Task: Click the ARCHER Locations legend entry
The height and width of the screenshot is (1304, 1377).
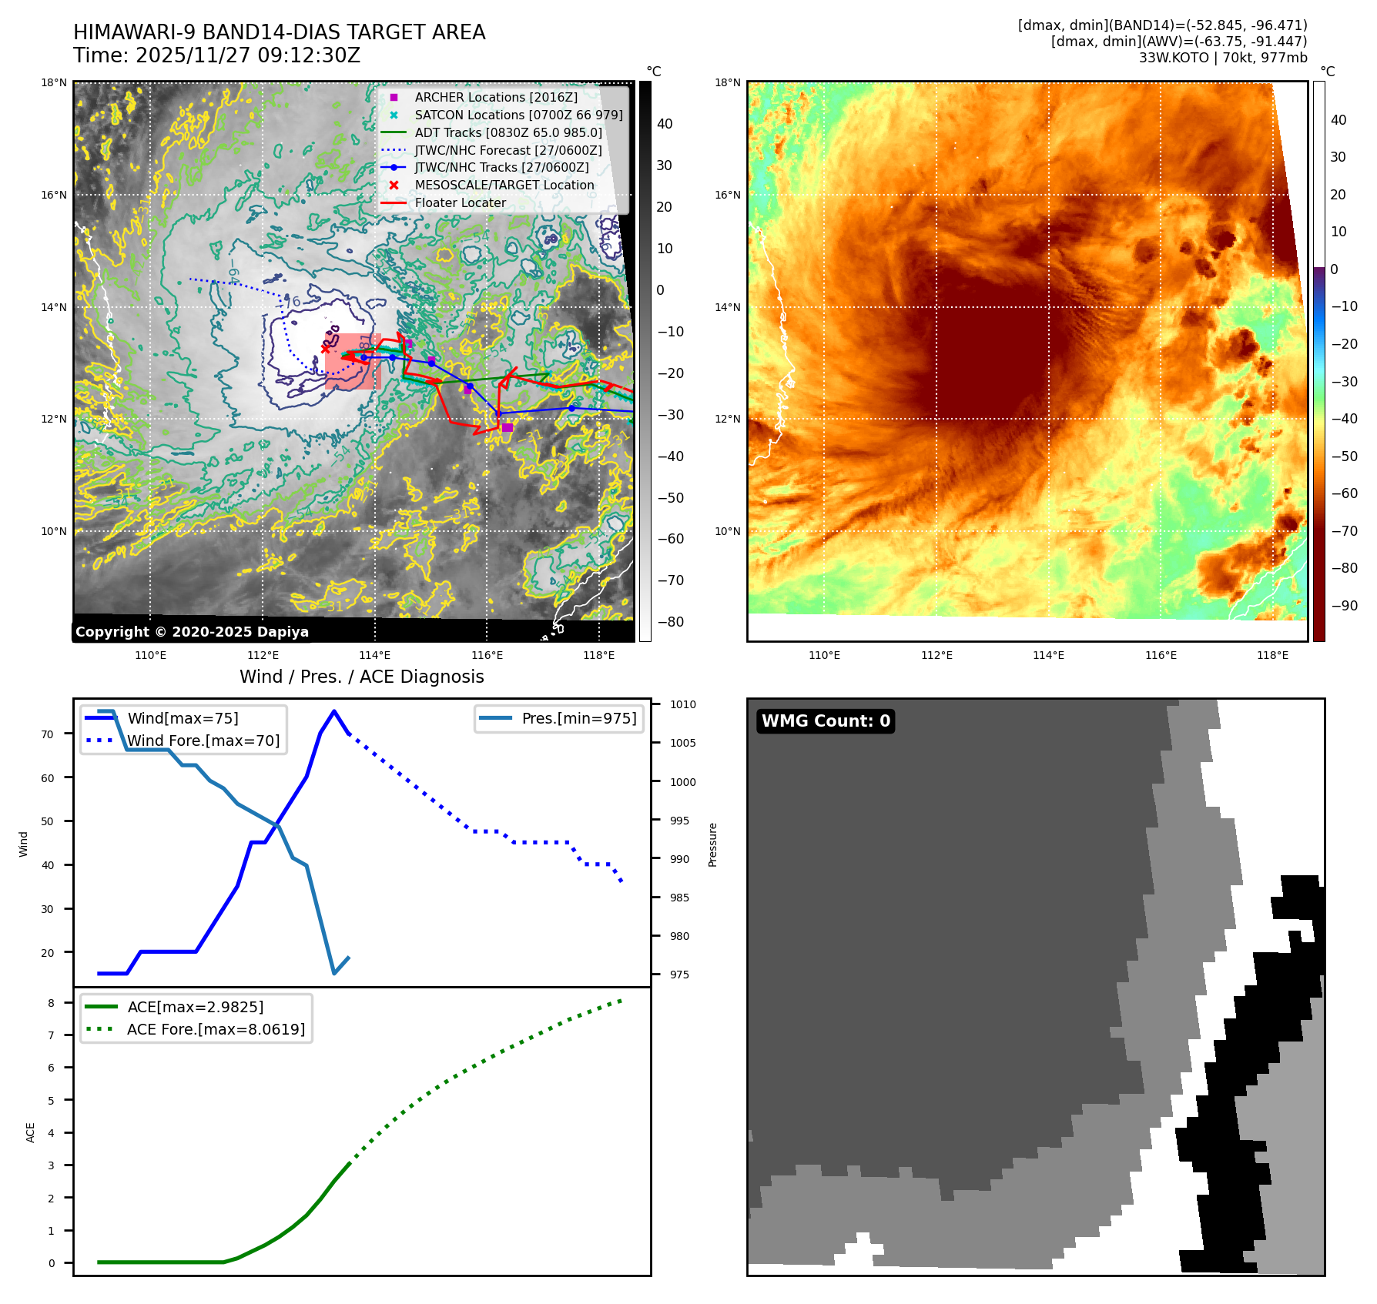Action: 495,97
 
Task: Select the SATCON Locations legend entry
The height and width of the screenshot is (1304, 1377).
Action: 518,115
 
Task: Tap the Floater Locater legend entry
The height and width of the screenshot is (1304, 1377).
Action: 460,202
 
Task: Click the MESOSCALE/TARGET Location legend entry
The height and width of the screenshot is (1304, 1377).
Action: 504,185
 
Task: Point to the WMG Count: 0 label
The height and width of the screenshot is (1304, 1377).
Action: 826,721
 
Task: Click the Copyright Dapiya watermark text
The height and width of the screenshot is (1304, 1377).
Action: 192,632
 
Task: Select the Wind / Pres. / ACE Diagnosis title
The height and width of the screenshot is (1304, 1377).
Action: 361,677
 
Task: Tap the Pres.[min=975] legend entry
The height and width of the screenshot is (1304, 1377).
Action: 578,718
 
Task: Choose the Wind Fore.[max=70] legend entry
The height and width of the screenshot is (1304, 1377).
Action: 203,741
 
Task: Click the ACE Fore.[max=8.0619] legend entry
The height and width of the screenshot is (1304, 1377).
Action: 216,1029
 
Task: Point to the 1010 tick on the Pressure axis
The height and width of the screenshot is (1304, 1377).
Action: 682,704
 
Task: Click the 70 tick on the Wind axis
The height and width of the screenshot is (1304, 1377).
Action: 48,734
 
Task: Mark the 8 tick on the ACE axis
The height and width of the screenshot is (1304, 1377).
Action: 51,1003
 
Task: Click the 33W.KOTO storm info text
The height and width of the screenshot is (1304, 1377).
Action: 1223,58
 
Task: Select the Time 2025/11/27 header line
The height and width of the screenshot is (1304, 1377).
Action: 216,55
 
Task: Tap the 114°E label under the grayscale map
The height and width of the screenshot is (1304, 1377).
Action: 374,655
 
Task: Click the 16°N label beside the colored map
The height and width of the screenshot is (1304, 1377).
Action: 727,195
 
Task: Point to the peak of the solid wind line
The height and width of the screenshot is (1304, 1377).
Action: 333,711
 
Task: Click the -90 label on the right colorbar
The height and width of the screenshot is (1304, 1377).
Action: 1344,606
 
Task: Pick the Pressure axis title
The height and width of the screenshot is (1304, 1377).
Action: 712,844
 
